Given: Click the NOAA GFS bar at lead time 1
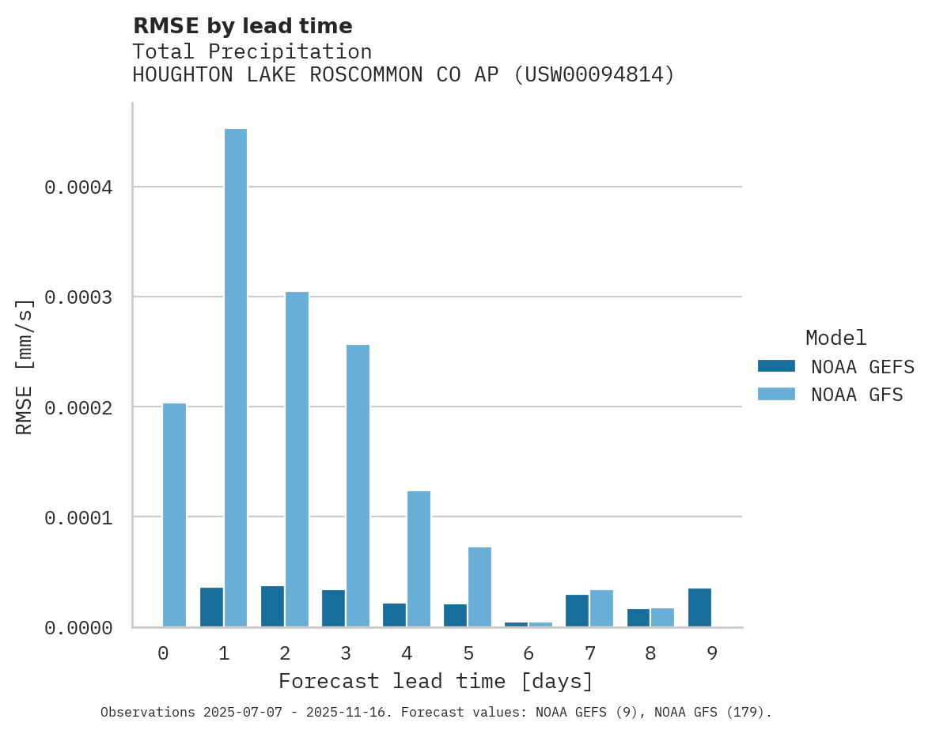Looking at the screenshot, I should (236, 377).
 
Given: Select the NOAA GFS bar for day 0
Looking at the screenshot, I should (174, 515).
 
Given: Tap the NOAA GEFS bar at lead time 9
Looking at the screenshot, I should (699, 607).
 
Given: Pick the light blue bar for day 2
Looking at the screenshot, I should (297, 459).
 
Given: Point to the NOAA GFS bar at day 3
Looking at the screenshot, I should (358, 486).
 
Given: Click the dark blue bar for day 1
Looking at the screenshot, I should (211, 607).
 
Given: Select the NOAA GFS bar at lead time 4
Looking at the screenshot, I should (419, 558).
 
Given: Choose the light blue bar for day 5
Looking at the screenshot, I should (479, 587).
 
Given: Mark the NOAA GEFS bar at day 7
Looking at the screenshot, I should (577, 611).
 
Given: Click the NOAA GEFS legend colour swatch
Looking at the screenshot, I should (776, 366).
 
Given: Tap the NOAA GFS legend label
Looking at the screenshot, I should (857, 395).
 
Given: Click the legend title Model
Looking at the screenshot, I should (835, 338).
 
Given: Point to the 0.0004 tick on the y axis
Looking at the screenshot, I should (78, 187).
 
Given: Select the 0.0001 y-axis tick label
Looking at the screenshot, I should (78, 517).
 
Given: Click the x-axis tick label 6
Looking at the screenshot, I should (529, 653).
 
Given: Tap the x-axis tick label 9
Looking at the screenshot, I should (711, 653).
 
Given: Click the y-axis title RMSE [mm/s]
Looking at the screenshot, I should (25, 366).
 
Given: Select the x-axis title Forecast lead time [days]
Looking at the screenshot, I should (436, 681).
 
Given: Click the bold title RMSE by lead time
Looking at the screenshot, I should (242, 26).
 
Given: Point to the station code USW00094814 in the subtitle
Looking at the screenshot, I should (594, 75).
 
